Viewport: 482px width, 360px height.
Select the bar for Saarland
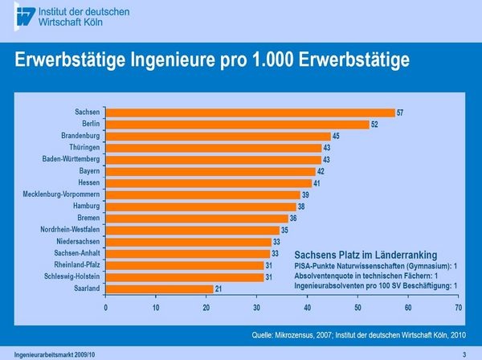(160, 288)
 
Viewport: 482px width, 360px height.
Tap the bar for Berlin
(238, 125)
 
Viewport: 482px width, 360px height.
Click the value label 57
(401, 112)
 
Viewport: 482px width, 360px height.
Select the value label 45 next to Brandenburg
(337, 136)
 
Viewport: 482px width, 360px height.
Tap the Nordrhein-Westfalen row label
(70, 230)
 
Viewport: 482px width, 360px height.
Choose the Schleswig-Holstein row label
(73, 276)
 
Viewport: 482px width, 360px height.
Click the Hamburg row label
(85, 207)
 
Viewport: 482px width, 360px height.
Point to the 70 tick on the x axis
(458, 307)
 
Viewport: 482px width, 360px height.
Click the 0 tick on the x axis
(106, 307)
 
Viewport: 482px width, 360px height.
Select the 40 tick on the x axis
(308, 307)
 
